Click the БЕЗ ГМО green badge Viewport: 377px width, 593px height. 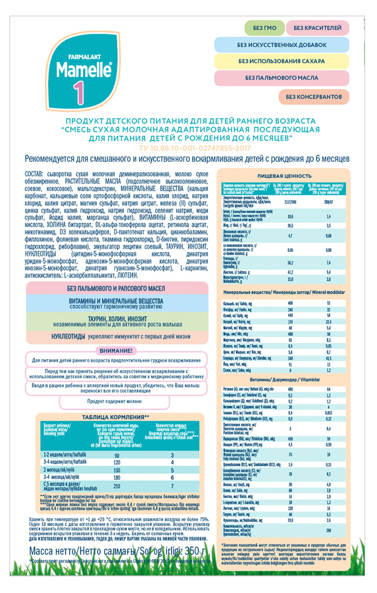point(264,29)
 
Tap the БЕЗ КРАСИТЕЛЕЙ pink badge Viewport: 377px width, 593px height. point(317,29)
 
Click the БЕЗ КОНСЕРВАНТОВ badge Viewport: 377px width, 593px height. point(314,97)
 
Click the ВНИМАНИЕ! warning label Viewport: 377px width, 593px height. point(115,351)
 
